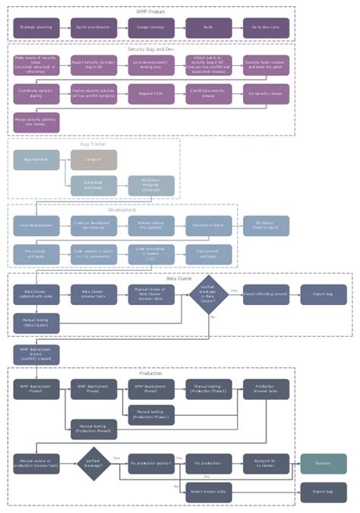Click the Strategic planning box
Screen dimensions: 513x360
[x=36, y=27]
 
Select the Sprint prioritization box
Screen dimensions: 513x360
[x=94, y=27]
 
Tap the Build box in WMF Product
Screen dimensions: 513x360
[x=208, y=27]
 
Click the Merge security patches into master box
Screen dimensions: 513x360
[x=36, y=121]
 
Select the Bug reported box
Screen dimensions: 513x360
[x=36, y=160]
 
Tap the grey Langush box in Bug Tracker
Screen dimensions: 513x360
[x=94, y=160]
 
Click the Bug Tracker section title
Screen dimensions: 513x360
[x=93, y=143]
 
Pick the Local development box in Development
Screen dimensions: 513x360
[x=36, y=225]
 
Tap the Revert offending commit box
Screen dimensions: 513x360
[x=266, y=294]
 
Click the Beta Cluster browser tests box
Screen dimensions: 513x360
[x=94, y=294]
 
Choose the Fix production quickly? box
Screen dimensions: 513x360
[x=151, y=463]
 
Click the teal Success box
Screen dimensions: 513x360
[x=324, y=463]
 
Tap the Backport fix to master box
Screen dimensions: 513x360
[x=266, y=463]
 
